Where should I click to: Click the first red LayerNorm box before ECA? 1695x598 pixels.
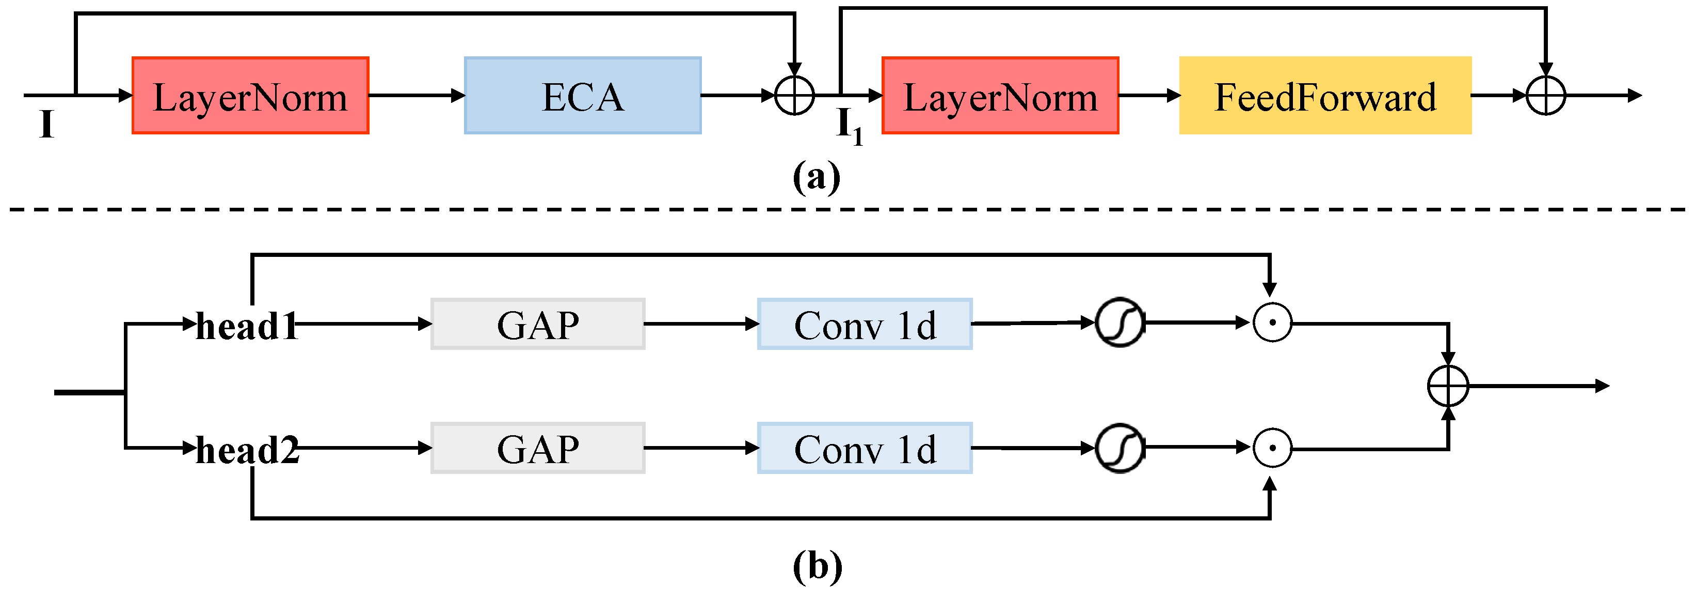click(250, 96)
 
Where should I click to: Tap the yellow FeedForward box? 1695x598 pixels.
click(1324, 96)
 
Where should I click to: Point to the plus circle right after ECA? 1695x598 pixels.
click(794, 96)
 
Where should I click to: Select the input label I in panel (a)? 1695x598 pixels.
click(46, 124)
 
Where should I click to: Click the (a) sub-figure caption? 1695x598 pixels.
click(816, 176)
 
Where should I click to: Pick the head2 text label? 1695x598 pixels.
click(247, 451)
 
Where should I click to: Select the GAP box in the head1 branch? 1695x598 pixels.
click(538, 324)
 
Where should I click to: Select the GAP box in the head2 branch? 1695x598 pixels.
click(538, 448)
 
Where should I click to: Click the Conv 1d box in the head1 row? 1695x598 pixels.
click(865, 324)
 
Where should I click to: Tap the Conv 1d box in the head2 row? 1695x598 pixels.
click(865, 448)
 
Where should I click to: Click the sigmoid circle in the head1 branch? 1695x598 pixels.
click(1120, 323)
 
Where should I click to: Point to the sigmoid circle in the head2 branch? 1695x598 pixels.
click(1120, 448)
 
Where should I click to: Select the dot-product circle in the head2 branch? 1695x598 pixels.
click(1272, 448)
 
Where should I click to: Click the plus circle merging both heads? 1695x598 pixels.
click(1448, 386)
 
